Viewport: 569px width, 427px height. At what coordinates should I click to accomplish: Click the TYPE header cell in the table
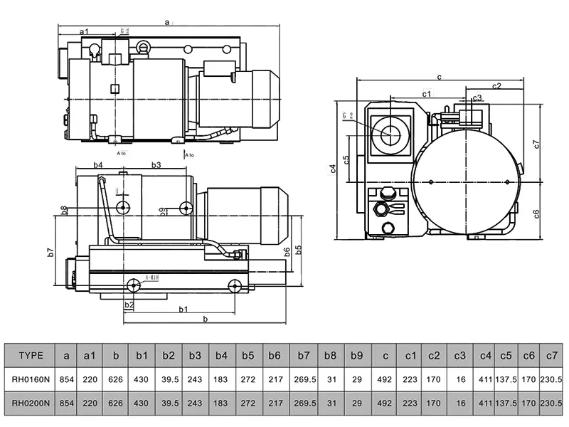[x=31, y=356]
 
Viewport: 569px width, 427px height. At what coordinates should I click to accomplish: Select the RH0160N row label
[x=31, y=380]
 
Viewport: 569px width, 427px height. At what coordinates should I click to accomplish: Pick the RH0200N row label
[x=31, y=404]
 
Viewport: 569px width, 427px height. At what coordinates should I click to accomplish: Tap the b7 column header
[x=304, y=356]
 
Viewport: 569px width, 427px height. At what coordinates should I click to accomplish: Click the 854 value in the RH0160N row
[x=66, y=380]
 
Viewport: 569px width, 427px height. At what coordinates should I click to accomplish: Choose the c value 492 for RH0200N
[x=385, y=404]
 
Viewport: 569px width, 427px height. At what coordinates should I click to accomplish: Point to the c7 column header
[x=551, y=356]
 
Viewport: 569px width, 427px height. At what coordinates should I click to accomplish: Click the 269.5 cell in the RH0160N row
[x=304, y=380]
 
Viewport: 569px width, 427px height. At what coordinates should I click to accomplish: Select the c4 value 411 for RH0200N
[x=486, y=404]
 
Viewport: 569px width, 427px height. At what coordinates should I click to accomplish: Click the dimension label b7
[x=51, y=252]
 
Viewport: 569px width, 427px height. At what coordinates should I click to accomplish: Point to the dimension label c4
[x=333, y=169]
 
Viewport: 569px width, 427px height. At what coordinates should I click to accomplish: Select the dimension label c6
[x=537, y=213]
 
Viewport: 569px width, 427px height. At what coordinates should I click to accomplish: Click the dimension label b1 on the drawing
[x=183, y=308]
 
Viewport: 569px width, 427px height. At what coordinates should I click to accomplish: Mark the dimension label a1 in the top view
[x=84, y=31]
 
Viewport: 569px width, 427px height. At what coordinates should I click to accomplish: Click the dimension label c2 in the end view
[x=496, y=85]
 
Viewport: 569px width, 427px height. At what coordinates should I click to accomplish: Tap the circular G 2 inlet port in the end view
[x=390, y=133]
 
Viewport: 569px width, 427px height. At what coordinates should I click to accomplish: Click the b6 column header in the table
[x=274, y=356]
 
